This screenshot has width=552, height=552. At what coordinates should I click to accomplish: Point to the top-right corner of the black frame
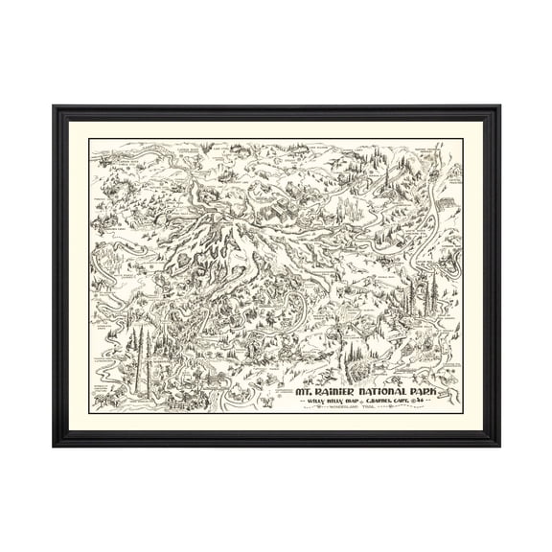[x=500, y=108]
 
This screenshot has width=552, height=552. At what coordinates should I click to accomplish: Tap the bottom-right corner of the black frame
[x=500, y=446]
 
